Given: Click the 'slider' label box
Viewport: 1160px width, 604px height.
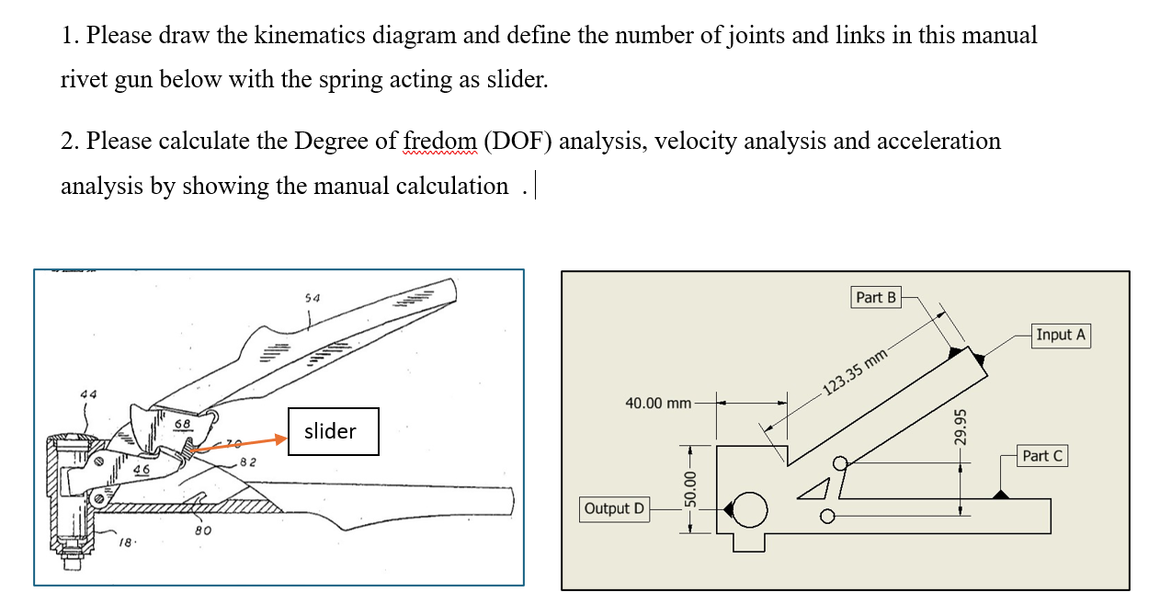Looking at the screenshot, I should pyautogui.click(x=333, y=431).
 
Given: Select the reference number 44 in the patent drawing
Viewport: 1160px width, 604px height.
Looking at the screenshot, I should pyautogui.click(x=88, y=393).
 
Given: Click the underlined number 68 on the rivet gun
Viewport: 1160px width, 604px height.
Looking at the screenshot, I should pyautogui.click(x=183, y=424).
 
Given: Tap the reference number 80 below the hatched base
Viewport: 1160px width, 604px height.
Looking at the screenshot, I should pyautogui.click(x=203, y=530).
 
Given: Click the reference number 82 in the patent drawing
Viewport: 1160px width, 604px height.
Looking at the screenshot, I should pyautogui.click(x=247, y=461).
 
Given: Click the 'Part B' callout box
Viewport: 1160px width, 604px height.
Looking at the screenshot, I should pyautogui.click(x=875, y=297).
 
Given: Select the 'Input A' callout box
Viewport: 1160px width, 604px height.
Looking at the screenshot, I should pyautogui.click(x=1060, y=335).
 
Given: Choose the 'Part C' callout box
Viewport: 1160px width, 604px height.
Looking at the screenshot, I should pyautogui.click(x=1041, y=455).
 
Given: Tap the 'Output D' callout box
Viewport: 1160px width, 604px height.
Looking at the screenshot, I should pyautogui.click(x=614, y=508).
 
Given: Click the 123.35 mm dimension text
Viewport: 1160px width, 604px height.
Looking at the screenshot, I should pyautogui.click(x=855, y=370).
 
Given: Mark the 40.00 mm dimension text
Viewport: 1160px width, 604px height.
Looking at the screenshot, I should pyautogui.click(x=658, y=403).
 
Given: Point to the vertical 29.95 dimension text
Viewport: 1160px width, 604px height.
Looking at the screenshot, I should pyautogui.click(x=960, y=427).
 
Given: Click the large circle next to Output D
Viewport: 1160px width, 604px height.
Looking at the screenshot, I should pyautogui.click(x=750, y=509).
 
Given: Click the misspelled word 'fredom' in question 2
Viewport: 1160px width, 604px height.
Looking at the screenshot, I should pyautogui.click(x=439, y=142).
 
